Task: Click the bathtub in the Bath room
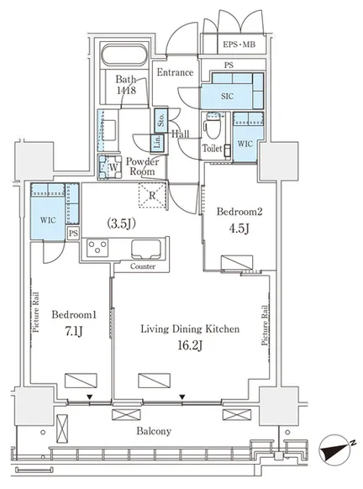click(x=124, y=55)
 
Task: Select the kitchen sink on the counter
click(x=146, y=249)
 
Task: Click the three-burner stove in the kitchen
click(x=97, y=248)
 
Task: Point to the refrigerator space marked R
click(x=152, y=196)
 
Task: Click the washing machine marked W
click(x=110, y=167)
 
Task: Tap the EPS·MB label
click(x=239, y=45)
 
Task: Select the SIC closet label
click(x=227, y=97)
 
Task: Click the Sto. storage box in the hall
click(x=161, y=119)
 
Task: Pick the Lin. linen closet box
click(x=157, y=143)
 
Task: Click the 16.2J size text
click(x=190, y=346)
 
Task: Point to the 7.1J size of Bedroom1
click(x=74, y=332)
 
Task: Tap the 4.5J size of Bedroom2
click(x=239, y=229)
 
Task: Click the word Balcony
click(x=154, y=431)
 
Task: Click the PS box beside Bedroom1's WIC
click(x=73, y=234)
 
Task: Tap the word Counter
click(x=143, y=266)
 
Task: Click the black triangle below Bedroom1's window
click(x=90, y=397)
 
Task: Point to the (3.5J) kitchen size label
click(x=121, y=223)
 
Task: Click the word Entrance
click(x=175, y=72)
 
